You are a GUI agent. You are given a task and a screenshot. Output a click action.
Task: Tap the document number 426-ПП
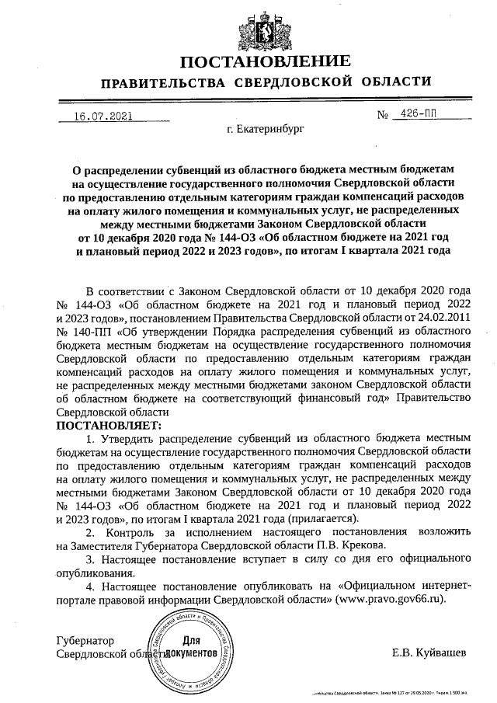[x=415, y=114]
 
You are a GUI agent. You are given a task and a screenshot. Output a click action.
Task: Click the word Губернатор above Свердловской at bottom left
[x=85, y=641]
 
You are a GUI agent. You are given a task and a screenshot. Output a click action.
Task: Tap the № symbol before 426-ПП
[x=382, y=115]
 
